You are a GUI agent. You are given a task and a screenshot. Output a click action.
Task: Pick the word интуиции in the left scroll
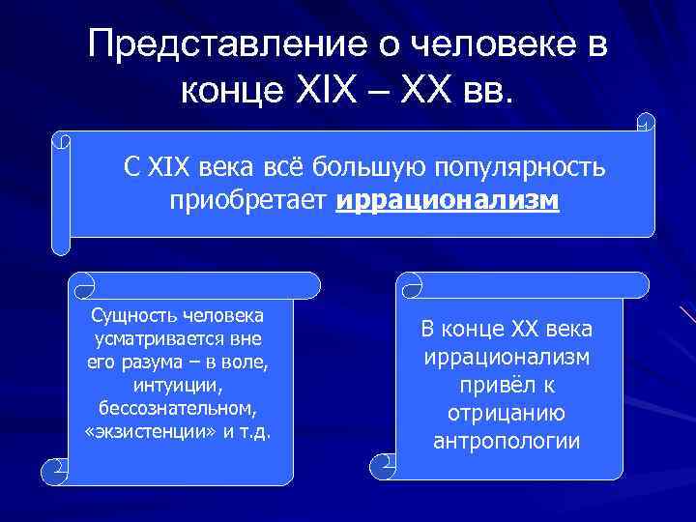pos(175,386)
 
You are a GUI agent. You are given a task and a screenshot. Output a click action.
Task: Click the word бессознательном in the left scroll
pos(175,408)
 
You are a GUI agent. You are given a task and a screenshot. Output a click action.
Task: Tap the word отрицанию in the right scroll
pos(507,414)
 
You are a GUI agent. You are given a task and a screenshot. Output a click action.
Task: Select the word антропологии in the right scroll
pos(507,442)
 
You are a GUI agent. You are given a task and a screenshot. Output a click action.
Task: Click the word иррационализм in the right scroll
pos(507,358)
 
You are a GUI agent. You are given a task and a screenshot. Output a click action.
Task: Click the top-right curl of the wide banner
pos(646,124)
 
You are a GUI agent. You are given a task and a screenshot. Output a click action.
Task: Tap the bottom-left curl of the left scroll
pos(53,472)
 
